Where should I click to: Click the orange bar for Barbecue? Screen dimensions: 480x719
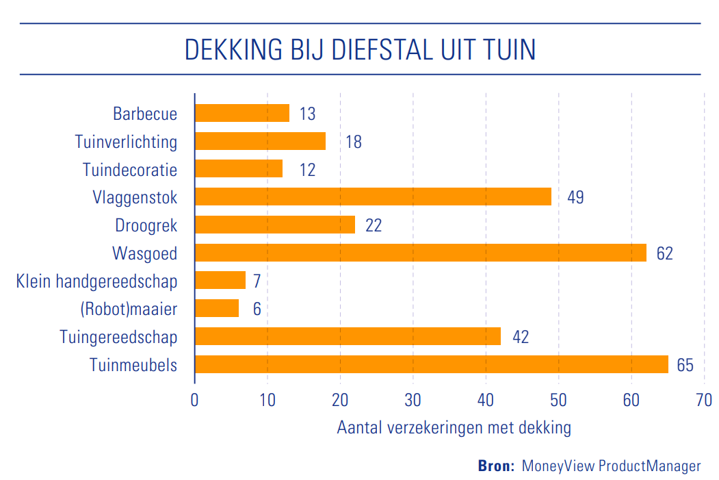pos(242,113)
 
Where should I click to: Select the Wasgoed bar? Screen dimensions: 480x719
pos(421,253)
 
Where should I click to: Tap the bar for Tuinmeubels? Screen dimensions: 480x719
pos(432,364)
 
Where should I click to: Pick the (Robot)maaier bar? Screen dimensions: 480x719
pos(217,309)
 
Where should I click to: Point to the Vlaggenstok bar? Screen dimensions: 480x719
pos(373,197)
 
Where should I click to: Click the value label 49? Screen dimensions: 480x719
pos(575,197)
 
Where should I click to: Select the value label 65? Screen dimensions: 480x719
pos(685,365)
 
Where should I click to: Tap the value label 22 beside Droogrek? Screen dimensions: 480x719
pos(374,225)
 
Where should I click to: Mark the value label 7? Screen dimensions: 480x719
pos(257,281)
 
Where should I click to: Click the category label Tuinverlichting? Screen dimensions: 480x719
pos(126,142)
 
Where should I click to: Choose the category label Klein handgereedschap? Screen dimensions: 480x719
pos(96,281)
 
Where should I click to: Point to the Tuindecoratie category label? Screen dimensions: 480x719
pos(130,169)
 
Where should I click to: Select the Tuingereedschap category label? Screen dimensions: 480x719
pos(118,337)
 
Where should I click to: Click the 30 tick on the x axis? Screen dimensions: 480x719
pos(413,400)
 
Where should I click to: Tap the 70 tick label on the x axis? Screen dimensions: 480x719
pos(704,400)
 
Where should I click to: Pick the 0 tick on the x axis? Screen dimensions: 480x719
pos(195,400)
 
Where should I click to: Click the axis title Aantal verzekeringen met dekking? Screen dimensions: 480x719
pos(454,428)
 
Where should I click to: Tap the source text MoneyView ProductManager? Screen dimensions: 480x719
pos(612,466)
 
